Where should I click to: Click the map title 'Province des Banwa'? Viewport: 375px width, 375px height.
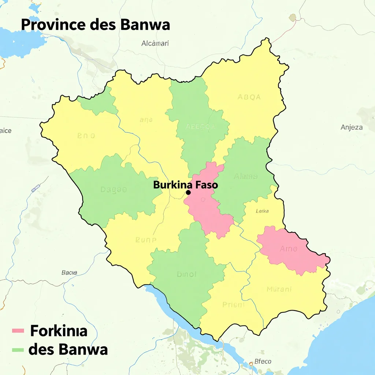point(95,25)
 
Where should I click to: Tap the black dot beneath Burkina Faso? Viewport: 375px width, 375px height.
point(188,192)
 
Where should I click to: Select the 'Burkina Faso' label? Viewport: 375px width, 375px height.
point(185,185)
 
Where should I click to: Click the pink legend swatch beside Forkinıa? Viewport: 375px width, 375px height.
point(18,331)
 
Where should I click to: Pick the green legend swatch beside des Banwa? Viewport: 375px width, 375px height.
point(18,349)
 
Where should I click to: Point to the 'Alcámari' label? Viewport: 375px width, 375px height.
point(155,43)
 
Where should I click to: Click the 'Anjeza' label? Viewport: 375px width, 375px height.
point(352,127)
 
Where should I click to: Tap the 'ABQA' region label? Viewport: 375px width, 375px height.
point(249,97)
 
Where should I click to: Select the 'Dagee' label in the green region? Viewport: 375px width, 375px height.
point(113,190)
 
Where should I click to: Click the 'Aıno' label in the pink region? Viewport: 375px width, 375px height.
point(289,249)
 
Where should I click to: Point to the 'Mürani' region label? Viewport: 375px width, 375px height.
point(279,289)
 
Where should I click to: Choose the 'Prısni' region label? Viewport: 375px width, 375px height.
point(233,304)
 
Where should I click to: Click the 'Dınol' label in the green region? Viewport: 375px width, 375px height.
point(187,274)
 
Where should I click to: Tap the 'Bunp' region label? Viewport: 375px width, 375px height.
point(146,240)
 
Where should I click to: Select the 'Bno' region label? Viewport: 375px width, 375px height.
point(86,135)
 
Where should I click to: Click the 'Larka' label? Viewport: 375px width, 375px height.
point(262,211)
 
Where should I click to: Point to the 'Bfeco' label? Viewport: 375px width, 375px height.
point(263,361)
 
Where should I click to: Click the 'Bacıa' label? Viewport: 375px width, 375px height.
point(69,272)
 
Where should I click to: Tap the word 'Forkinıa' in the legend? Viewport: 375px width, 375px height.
point(59,331)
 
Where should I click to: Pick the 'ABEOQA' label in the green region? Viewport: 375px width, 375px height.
point(200,127)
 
